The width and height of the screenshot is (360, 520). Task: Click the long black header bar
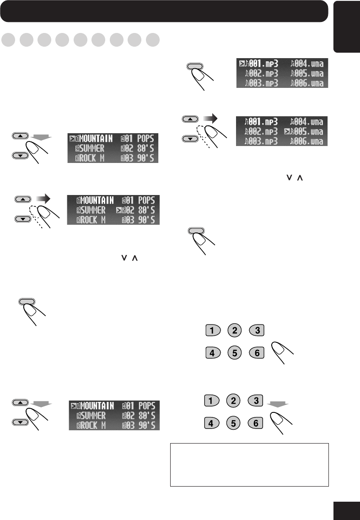point(164,11)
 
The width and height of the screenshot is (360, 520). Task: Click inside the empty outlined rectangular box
point(249,464)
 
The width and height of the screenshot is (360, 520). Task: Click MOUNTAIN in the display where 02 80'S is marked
point(95,200)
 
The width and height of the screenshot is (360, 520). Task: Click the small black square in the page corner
point(347,509)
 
